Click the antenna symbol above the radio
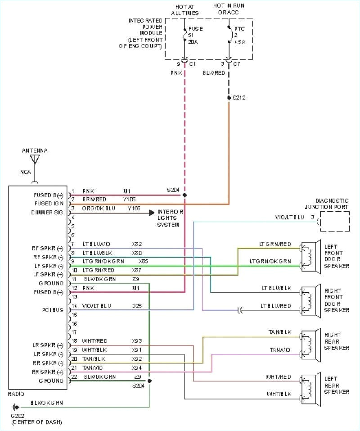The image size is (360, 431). tap(35, 159)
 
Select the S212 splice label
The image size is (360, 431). tap(239, 97)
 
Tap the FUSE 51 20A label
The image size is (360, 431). tap(195, 35)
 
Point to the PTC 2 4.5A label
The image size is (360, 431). tap(240, 35)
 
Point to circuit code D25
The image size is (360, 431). tap(137, 306)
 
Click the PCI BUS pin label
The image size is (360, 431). tap(53, 310)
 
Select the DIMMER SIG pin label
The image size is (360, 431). tap(47, 212)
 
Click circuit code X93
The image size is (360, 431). tap(137, 341)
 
